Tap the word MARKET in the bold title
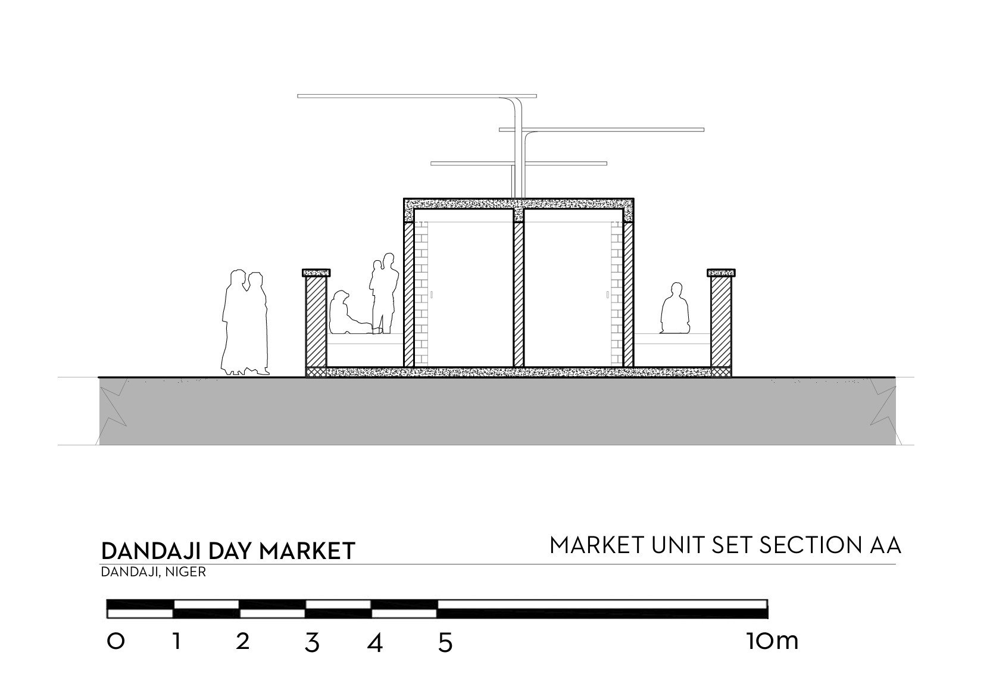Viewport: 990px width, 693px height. pos(307,551)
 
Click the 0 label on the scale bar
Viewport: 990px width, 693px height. pos(116,641)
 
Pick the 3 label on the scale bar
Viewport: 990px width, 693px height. pos(311,643)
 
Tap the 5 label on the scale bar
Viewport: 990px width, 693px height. pos(445,643)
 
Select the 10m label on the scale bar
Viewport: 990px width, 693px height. pos(771,641)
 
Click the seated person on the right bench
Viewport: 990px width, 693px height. pos(675,309)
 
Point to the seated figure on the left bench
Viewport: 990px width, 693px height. pos(344,313)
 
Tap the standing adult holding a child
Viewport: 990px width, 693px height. pos(385,292)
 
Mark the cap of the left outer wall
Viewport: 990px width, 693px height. pos(316,273)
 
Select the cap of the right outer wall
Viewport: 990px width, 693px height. pos(721,273)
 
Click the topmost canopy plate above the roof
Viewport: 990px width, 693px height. pos(416,96)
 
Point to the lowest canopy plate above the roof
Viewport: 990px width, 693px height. pos(518,163)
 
